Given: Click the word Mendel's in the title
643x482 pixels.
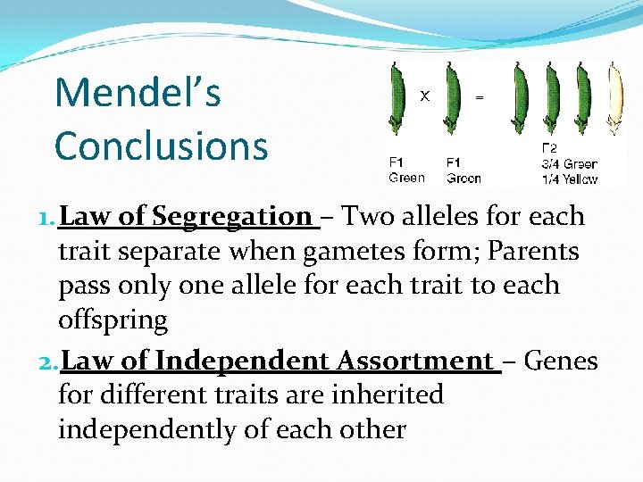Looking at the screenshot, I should [138, 94].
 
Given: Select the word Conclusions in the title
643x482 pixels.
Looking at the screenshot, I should [161, 146].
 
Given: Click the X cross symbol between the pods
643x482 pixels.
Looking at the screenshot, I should [426, 95].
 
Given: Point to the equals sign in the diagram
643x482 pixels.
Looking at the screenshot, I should [480, 96].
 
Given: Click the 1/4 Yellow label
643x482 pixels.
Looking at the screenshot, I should [569, 179].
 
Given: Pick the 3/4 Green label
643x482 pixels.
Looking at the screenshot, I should [569, 164].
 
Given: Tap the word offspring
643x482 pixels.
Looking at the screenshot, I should [113, 320].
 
